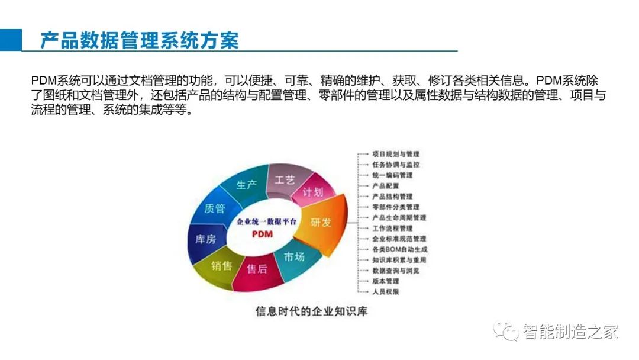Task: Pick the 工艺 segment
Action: (285, 179)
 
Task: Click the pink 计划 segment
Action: (313, 192)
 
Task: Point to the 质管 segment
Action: (214, 208)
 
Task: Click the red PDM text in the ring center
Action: (262, 234)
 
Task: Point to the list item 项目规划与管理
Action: (396, 154)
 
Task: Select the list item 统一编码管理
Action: (392, 175)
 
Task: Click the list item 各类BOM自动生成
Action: (400, 249)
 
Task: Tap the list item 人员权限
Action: (386, 292)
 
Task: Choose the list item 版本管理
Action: (386, 281)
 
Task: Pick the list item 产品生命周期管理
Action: (399, 218)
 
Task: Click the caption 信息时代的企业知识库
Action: (311, 311)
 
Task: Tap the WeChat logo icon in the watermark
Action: (505, 331)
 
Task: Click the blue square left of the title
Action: (11, 40)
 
